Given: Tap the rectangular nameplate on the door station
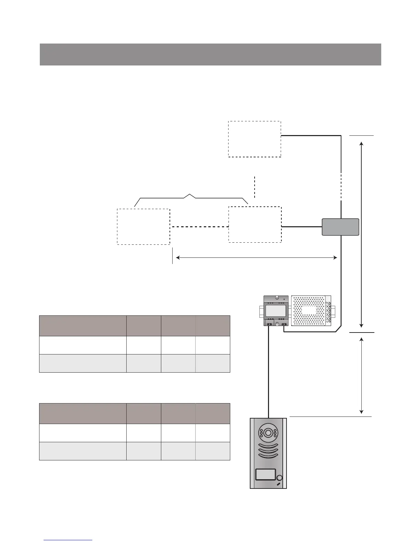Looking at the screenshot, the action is (265, 474).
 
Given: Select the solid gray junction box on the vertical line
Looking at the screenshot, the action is (340, 227).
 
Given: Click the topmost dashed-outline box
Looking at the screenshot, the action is (255, 139).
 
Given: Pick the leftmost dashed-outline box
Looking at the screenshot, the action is (143, 227).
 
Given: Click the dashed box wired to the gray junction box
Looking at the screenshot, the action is (255, 225).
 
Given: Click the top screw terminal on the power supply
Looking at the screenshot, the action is (330, 304).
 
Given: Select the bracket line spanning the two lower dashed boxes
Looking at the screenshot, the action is (191, 198).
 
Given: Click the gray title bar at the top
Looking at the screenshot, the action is (210, 54).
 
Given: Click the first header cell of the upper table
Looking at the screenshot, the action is (83, 326).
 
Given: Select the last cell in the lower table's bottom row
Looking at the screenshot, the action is (212, 451).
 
